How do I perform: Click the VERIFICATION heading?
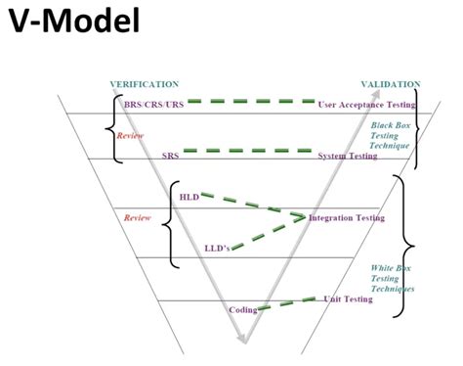point(145,85)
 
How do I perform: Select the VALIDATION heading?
point(391,85)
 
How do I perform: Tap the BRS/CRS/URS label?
point(149,104)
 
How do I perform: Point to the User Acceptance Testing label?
point(366,104)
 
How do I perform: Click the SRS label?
point(170,155)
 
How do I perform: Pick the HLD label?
point(189,197)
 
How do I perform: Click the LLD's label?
point(217,248)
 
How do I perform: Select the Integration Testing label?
point(347,218)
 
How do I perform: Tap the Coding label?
point(242,309)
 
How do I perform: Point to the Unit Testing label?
point(348,299)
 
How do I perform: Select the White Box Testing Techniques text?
point(393,278)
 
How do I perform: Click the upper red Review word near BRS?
point(131,135)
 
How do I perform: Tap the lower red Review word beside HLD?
point(138,217)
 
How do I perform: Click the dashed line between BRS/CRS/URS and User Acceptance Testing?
point(251,101)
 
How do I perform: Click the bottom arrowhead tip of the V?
point(245,343)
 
